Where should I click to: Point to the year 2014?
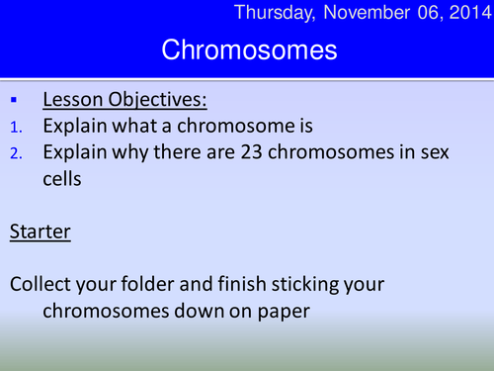[463, 13]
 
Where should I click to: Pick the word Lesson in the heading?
[73, 100]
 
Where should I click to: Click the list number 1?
[15, 127]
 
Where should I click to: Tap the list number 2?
[15, 153]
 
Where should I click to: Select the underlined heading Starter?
[40, 233]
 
